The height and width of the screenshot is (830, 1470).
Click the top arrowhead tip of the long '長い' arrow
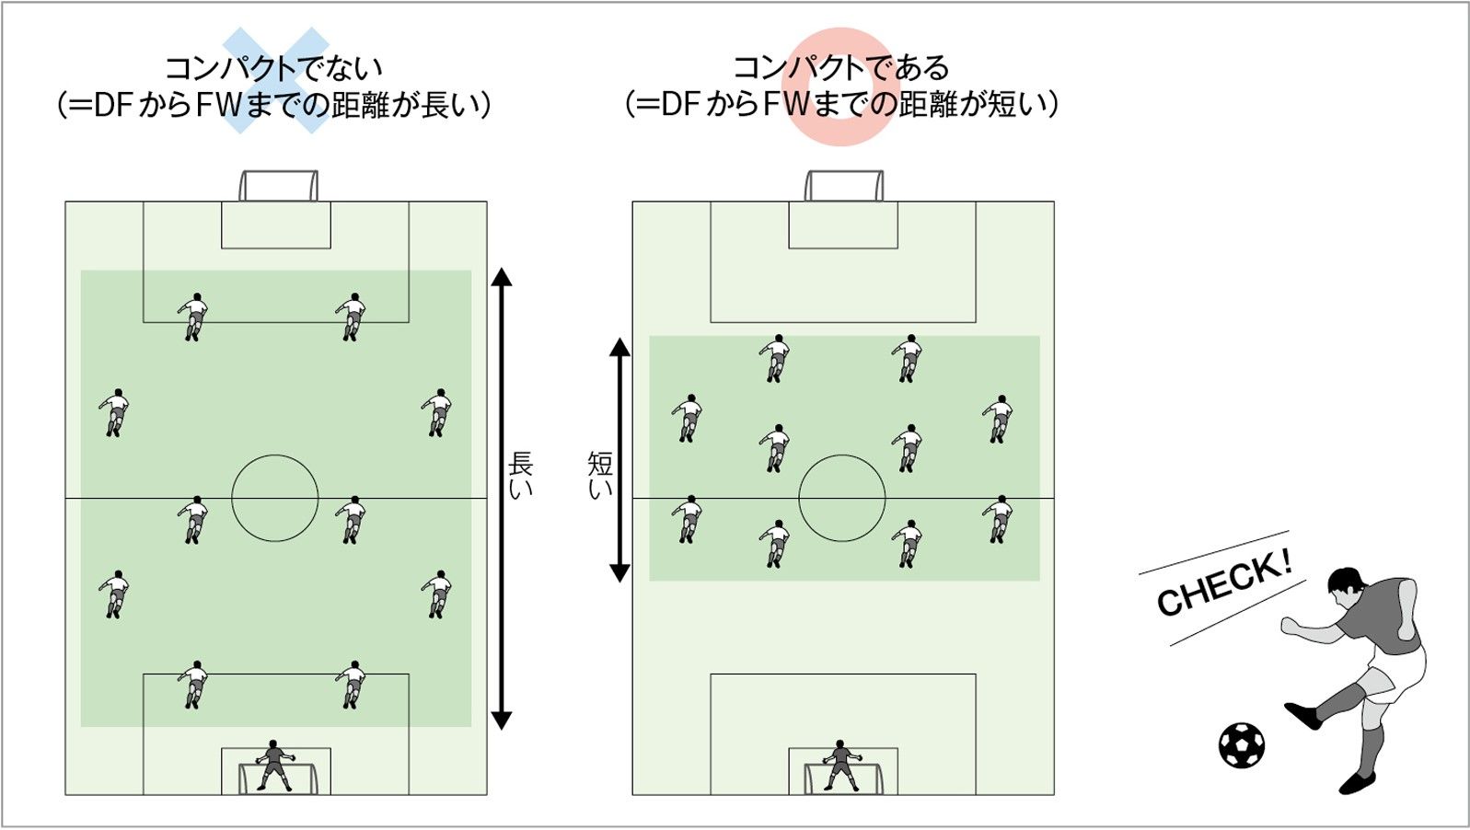click(x=502, y=269)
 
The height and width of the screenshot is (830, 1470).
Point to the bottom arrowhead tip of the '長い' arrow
click(x=502, y=730)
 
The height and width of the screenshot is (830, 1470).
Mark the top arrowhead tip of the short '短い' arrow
click(x=619, y=338)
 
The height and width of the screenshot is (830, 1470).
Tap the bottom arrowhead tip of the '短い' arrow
click(x=619, y=582)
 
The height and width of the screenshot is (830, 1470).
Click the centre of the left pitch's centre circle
click(x=275, y=498)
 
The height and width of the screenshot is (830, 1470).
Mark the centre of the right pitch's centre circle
click(x=842, y=498)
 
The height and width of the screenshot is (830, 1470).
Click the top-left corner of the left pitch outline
click(x=65, y=202)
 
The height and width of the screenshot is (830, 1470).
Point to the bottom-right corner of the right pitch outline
click(x=1054, y=795)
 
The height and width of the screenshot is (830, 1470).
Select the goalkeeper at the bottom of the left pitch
click(x=275, y=765)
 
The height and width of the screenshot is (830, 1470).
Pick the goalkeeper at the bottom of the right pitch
click(x=842, y=765)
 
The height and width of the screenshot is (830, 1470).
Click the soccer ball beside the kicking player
click(x=1242, y=745)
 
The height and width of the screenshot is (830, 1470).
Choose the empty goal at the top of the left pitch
click(x=278, y=186)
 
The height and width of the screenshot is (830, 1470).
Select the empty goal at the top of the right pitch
click(x=844, y=186)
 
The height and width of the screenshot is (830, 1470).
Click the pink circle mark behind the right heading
click(x=840, y=86)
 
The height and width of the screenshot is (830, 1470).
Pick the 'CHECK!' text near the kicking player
click(x=1224, y=582)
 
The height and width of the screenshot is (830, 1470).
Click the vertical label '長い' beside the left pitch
click(x=520, y=475)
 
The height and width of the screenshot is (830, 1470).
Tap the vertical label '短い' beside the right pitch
click(x=600, y=475)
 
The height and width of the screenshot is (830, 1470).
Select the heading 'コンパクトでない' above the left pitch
click(x=273, y=67)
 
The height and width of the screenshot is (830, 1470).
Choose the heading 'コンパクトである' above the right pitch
click(x=841, y=67)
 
